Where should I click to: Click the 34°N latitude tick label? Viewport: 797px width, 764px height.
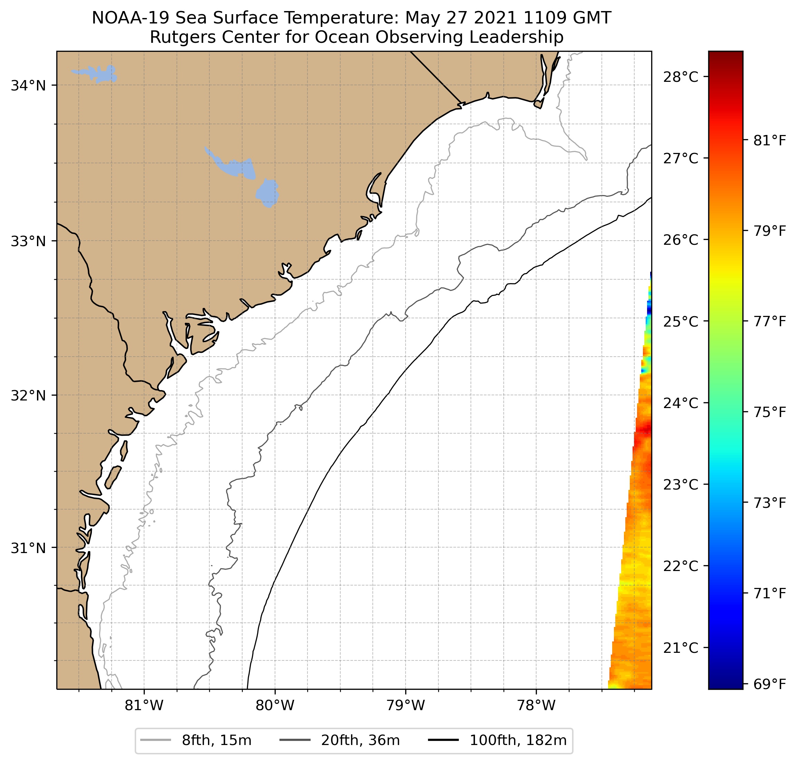point(28,86)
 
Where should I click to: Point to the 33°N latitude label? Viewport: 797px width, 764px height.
point(28,241)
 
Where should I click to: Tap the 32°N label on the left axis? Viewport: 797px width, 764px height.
point(28,395)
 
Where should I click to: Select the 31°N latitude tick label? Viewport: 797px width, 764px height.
point(28,548)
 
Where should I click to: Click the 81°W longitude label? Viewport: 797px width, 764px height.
point(144,705)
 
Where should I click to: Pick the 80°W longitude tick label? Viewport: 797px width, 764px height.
point(275,705)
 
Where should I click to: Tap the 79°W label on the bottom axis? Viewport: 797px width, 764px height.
point(406,705)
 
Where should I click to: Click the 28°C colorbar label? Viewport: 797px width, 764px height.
point(680,76)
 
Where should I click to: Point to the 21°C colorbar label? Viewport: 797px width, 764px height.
point(680,648)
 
